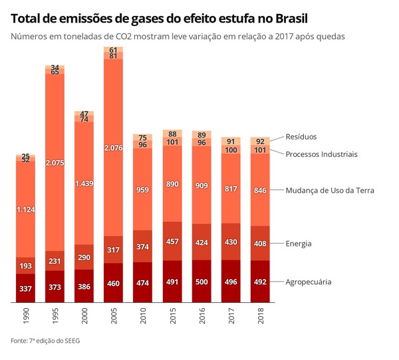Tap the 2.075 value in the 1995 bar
55,163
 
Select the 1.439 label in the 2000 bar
84,184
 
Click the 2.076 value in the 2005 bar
114,148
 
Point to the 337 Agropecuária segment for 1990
25,288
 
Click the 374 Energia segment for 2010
143,247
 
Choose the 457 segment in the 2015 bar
172,240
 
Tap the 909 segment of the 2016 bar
201,185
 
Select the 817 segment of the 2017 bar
231,189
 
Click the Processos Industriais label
322,154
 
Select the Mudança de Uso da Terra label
330,191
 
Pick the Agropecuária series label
309,282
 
